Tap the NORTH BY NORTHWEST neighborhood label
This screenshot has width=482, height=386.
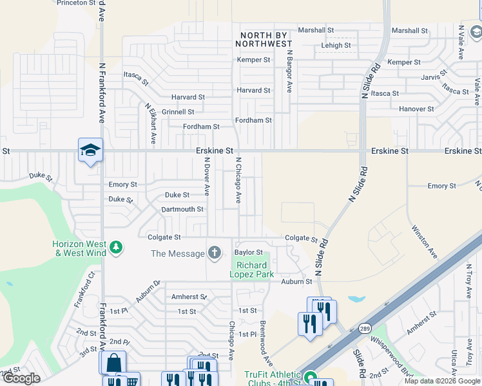pos(266,39)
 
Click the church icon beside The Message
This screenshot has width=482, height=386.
pos(214,253)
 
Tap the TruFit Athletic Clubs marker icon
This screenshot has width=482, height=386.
pos(311,377)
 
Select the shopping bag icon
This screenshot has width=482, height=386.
pos(113,362)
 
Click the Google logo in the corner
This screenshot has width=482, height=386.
pos(21,378)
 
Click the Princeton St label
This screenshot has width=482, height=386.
pos(76,3)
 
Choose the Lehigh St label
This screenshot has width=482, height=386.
pos(336,46)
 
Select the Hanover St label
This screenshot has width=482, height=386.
pos(416,109)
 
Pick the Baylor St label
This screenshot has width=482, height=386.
pos(249,253)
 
